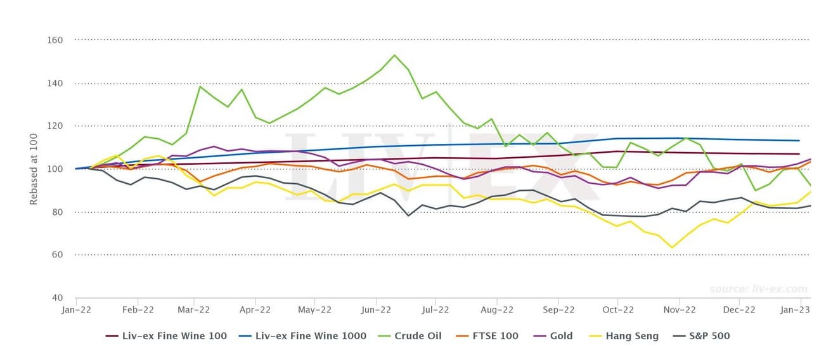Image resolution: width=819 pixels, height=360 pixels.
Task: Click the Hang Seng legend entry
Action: pyautogui.click(x=626, y=336)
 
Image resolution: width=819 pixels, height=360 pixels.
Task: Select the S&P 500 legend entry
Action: pyautogui.click(x=703, y=336)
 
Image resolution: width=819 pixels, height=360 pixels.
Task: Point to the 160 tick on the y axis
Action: pyautogui.click(x=55, y=40)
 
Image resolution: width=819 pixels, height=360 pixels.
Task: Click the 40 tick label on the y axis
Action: pyautogui.click(x=57, y=298)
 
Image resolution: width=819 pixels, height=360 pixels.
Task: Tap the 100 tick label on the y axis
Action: pyautogui.click(x=55, y=169)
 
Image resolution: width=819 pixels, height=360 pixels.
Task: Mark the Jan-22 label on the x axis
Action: pyautogui.click(x=75, y=310)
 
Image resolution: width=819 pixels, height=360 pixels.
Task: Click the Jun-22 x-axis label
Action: pyautogui.click(x=376, y=310)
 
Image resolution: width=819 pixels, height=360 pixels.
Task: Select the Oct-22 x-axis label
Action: pyautogui.click(x=618, y=310)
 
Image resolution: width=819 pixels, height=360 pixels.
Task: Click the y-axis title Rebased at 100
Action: pyautogui.click(x=33, y=169)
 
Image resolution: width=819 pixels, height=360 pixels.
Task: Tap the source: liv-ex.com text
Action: pyautogui.click(x=758, y=289)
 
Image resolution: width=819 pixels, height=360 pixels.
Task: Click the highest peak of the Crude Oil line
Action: pyautogui.click(x=394, y=55)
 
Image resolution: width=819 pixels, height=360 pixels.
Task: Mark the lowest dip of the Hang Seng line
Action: pyautogui.click(x=672, y=248)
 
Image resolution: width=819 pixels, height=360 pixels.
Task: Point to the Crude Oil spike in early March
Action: pyautogui.click(x=200, y=86)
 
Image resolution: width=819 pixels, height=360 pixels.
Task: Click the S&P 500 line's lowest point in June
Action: pyautogui.click(x=408, y=215)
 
